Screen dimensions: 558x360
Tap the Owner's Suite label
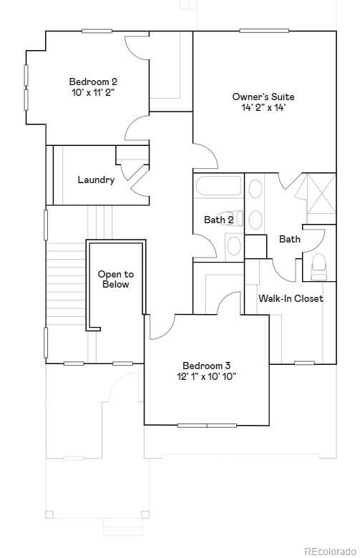(x=263, y=97)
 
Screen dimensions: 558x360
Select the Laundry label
(x=96, y=180)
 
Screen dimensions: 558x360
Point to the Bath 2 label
(x=218, y=220)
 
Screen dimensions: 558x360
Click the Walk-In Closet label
(x=291, y=298)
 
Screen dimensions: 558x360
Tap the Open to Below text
(x=115, y=279)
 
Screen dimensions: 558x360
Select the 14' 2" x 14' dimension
(x=263, y=108)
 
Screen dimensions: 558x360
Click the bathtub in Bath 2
(x=218, y=188)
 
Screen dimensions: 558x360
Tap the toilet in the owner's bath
(x=319, y=266)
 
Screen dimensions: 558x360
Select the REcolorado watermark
(x=329, y=551)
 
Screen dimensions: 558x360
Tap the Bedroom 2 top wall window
(x=97, y=31)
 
